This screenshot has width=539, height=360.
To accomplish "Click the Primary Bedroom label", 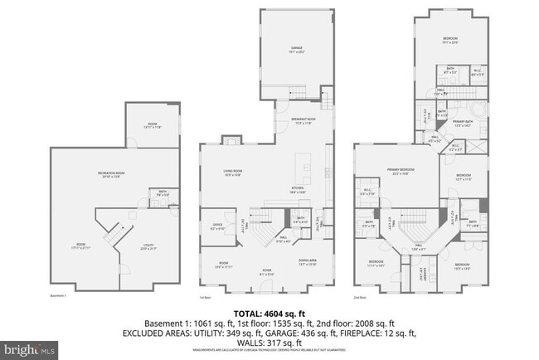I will point(400,172).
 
